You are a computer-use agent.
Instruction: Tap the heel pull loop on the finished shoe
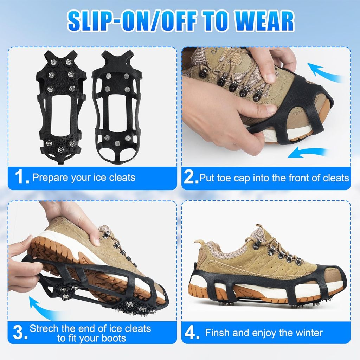(195, 266)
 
